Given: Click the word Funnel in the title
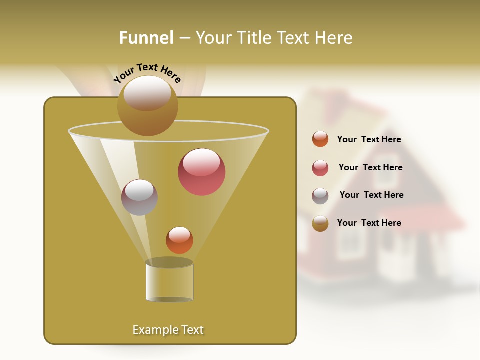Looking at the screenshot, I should coord(146,38).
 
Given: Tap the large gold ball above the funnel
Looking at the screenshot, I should coord(147,105).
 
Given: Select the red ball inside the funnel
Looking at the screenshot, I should coord(201,172).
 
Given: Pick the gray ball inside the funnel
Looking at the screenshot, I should coord(139,197).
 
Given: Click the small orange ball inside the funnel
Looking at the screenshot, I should coord(179,240).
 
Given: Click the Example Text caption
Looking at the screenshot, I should coord(168,330).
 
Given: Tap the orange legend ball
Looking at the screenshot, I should coord(320,139).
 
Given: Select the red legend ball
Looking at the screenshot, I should coord(320,168).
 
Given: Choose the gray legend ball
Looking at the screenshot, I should coord(320,196).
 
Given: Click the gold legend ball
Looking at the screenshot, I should coord(320,223).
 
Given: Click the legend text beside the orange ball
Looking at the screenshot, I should coord(369,140).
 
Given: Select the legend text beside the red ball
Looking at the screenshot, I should coord(370,167).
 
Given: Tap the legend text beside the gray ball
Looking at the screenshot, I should coord(371,195).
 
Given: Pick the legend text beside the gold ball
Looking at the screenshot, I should coord(369,223).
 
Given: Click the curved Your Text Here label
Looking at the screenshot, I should coord(147,72).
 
